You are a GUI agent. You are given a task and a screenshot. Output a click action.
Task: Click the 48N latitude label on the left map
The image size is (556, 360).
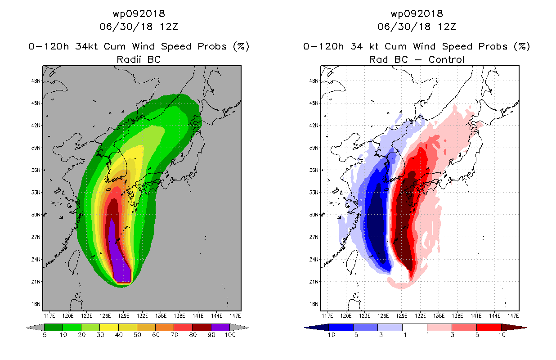point(36,81)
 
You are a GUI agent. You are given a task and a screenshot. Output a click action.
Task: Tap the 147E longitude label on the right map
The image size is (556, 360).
point(513,316)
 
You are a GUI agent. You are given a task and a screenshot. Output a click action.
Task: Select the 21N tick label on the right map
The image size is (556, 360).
point(314,282)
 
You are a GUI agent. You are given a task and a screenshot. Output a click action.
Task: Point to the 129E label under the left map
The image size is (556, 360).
point(124,316)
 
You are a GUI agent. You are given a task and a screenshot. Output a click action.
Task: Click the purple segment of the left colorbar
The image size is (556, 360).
point(220,327)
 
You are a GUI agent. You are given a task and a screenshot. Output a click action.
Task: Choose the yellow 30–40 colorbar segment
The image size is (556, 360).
point(109,327)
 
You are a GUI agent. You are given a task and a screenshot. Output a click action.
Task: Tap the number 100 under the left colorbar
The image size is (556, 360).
point(230,335)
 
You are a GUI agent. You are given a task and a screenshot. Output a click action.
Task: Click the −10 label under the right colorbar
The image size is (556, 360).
point(329,335)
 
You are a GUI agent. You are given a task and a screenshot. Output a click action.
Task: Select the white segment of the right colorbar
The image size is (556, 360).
point(415,327)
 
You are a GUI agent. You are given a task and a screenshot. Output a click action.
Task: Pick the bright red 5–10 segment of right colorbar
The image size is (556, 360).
point(489,327)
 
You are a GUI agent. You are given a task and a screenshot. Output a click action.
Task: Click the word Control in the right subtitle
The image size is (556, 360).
point(446,59)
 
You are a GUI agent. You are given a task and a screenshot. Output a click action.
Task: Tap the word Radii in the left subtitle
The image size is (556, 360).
point(129,59)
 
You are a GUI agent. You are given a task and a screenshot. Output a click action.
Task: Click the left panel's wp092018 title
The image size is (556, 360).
point(139,14)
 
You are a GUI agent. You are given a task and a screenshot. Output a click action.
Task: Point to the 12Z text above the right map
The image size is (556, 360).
point(447,27)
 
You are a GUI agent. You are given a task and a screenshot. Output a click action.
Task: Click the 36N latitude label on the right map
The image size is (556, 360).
point(314,170)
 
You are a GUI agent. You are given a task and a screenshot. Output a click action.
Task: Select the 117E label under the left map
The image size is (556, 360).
point(49,316)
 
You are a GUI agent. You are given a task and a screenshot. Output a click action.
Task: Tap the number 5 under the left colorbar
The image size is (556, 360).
point(45,335)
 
